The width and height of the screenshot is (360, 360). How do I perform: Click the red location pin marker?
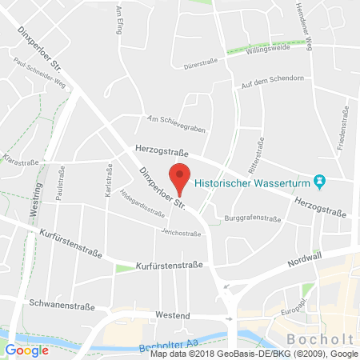tap(181, 178)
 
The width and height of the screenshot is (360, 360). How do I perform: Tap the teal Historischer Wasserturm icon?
tap(320, 182)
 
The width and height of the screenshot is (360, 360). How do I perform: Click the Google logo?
tap(26, 350)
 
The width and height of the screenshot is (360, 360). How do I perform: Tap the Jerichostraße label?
tap(182, 234)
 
